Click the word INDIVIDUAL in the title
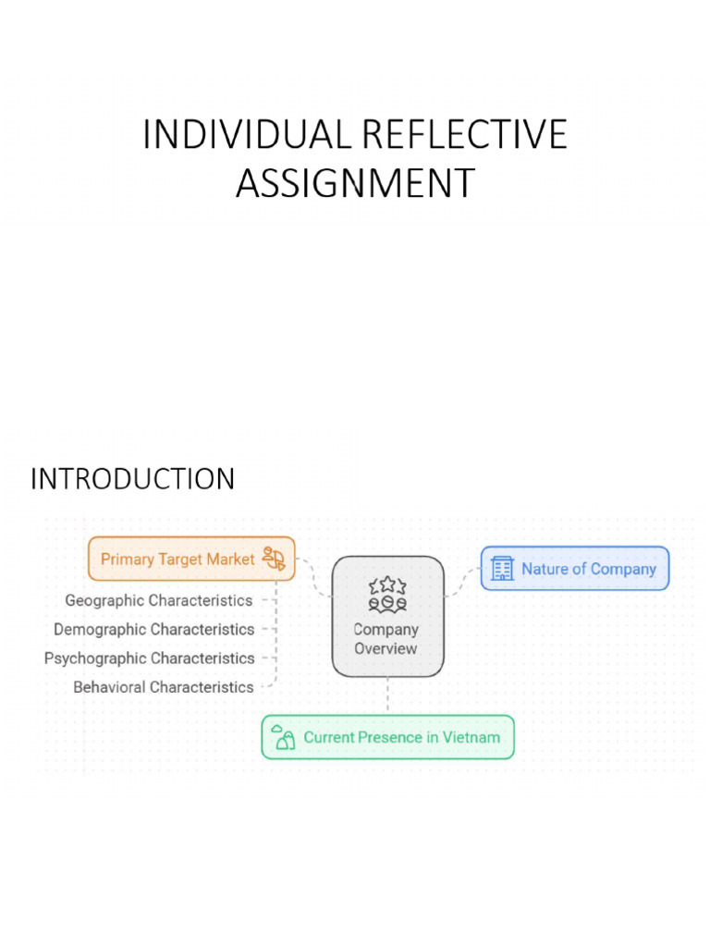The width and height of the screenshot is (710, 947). coord(246,135)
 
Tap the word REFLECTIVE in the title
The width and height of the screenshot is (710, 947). coord(463,135)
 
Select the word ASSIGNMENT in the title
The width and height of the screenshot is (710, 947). coord(355,183)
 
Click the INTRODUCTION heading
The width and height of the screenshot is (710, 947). coord(132,479)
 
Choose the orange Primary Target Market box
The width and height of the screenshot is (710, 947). coord(191,559)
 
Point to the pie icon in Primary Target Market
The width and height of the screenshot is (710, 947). coord(274,559)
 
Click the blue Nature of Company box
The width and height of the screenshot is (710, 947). coord(574,569)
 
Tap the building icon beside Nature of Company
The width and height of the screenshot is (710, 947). coord(502,569)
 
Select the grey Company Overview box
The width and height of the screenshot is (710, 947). coord(387,616)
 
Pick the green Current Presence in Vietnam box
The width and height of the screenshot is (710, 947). coord(387,737)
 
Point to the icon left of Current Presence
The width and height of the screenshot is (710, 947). coord(284,738)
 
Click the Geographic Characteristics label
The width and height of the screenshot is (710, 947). coord(158,600)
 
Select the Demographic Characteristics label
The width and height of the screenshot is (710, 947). coord(153,629)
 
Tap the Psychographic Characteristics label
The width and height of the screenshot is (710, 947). coord(149,658)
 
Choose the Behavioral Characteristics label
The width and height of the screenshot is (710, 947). coord(163,687)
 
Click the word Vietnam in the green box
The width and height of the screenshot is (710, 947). coord(470,737)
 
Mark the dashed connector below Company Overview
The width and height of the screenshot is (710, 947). coord(387,695)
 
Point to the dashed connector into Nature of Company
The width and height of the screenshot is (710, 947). coord(462,581)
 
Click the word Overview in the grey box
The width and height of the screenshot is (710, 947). coord(386,648)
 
